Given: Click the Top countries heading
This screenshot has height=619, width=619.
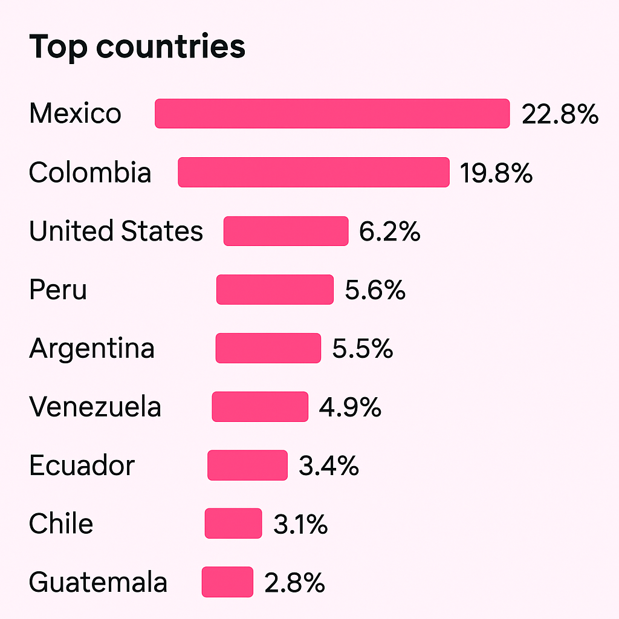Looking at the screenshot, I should point(137,46).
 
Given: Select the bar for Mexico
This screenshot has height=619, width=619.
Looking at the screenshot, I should point(332,114).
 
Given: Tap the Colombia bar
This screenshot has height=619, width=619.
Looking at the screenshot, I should point(314,172).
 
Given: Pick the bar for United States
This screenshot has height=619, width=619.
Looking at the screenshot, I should point(286,231).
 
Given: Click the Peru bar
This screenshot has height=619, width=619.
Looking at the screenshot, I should point(275,290).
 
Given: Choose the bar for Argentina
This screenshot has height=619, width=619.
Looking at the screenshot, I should point(268,348).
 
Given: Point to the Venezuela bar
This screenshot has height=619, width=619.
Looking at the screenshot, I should point(260,407).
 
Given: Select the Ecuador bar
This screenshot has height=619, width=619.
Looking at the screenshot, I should point(248,465).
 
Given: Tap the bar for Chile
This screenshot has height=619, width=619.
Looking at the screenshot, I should point(233,523).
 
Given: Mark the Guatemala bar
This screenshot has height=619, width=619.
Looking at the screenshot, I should point(227,582).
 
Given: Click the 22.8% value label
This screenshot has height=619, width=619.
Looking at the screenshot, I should point(560,114).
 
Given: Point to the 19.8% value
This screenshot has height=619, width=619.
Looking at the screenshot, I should point(496,173).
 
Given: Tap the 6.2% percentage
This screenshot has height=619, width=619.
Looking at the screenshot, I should point(390,232).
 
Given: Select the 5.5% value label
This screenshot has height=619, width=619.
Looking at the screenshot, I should point(363,349).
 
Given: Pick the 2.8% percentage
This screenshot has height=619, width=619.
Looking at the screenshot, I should point(294,583).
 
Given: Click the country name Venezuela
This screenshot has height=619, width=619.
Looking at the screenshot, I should point(95,407).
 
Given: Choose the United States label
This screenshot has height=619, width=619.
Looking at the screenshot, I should point(116,231).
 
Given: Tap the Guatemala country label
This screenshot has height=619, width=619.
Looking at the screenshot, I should point(98,583).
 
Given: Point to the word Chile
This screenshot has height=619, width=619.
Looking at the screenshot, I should point(61,523).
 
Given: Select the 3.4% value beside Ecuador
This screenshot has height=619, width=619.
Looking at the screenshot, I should point(329,465).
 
